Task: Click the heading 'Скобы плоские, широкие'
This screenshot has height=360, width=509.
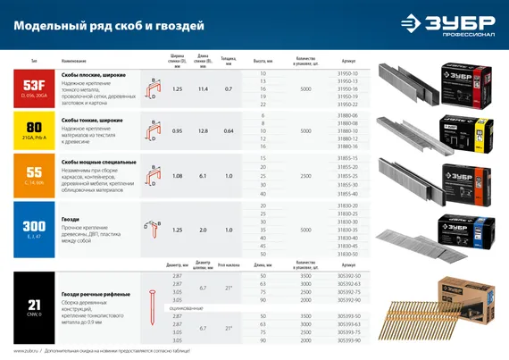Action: (x=92, y=75)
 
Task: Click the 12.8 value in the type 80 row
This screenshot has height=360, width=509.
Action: (x=202, y=131)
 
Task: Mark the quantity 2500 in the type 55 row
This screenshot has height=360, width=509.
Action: (x=306, y=175)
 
